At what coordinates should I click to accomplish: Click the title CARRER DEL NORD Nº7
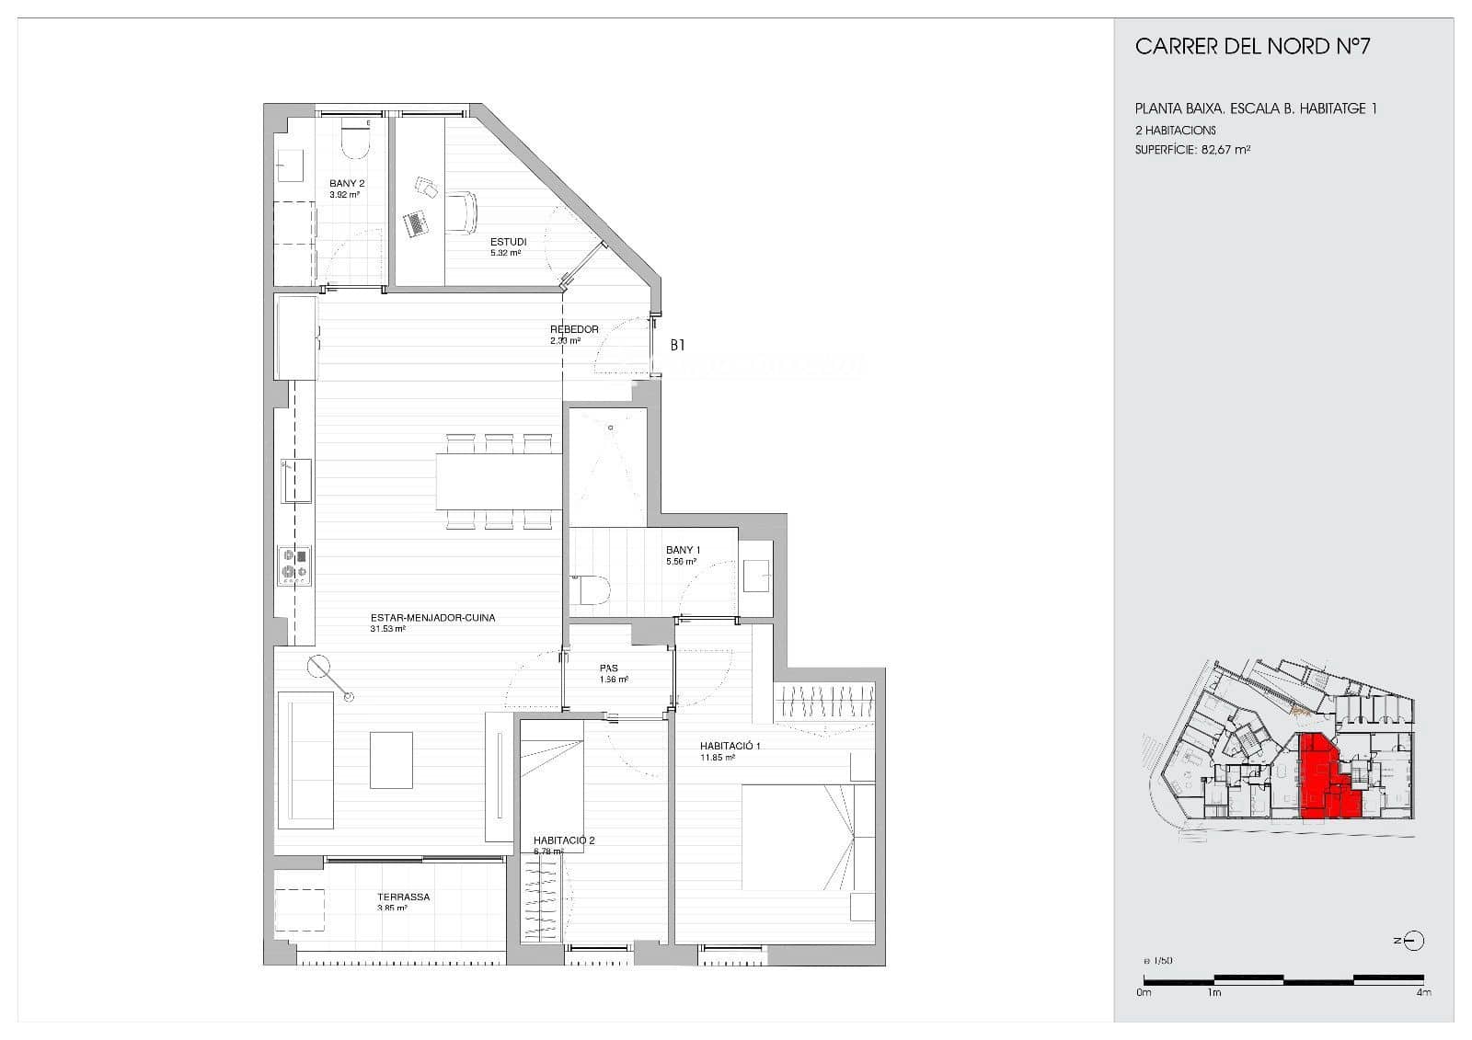click(1252, 47)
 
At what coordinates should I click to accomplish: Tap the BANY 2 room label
click(347, 184)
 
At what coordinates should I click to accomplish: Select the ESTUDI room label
click(508, 242)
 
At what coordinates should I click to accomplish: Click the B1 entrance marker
click(677, 346)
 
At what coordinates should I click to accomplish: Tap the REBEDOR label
click(574, 329)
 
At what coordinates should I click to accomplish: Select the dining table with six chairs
click(498, 482)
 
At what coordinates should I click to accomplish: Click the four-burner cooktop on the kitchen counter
click(295, 565)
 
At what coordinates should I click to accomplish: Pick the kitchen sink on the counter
click(295, 481)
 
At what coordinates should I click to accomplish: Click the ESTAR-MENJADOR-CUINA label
click(432, 618)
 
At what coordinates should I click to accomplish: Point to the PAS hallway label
click(609, 669)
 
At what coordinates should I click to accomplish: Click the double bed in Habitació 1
click(808, 837)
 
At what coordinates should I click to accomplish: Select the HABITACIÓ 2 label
click(564, 840)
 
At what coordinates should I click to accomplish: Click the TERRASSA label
click(403, 897)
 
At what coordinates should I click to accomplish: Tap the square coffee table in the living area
click(391, 760)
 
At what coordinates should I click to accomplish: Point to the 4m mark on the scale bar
click(1423, 992)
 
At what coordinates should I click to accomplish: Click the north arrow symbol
click(1413, 941)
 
